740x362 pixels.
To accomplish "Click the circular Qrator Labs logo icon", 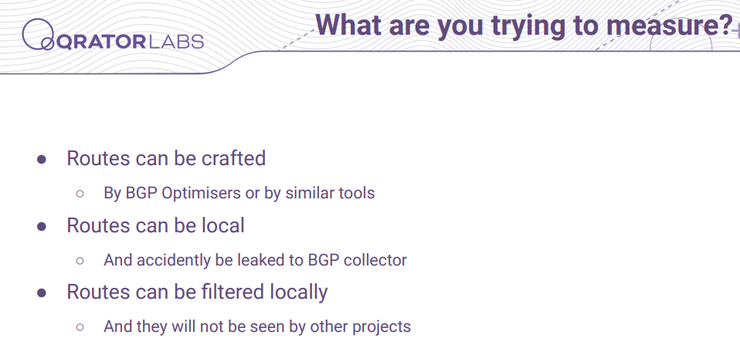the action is (38, 35).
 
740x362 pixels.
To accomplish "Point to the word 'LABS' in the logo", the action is (175, 42).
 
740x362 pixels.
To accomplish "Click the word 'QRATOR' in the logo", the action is (100, 42).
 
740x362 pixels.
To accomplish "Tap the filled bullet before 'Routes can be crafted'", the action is (42, 159).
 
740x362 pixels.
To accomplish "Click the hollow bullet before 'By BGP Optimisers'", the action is (80, 193).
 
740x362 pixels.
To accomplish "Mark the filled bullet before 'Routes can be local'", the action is (42, 226).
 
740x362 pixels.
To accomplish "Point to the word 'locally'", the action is (299, 293).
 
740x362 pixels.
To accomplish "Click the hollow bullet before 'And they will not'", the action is (80, 326).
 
